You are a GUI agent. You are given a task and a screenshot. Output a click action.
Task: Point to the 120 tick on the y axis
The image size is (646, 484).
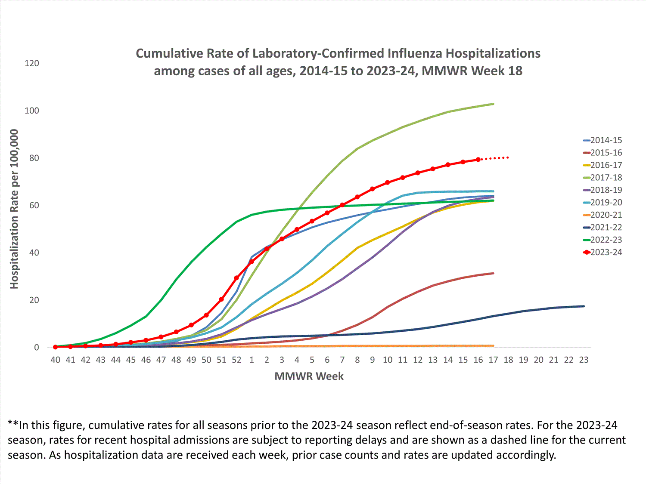(x=32, y=63)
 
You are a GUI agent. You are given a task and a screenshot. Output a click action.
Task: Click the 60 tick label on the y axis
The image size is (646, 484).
(x=34, y=205)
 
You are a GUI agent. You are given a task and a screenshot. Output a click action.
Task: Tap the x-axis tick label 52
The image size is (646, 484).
(x=236, y=360)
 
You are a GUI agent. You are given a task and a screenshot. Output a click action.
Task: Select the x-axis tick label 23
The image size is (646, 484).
(x=584, y=360)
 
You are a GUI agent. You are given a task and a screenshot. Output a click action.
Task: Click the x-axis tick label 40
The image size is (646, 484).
(x=56, y=360)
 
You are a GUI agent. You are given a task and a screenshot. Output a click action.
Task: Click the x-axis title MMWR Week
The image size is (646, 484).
(x=309, y=376)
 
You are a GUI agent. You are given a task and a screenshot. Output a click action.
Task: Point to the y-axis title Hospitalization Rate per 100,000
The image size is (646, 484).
(x=14, y=209)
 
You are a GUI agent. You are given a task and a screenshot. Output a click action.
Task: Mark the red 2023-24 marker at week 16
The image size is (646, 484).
(x=478, y=160)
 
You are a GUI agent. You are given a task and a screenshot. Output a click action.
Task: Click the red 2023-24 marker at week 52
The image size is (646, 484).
(x=236, y=278)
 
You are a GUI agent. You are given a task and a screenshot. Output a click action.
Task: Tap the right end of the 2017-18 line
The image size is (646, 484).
(x=493, y=104)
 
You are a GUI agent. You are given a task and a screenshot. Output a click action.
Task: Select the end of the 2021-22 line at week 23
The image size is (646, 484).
(x=584, y=306)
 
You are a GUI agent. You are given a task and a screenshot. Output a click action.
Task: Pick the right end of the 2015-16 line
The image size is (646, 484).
(x=493, y=273)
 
